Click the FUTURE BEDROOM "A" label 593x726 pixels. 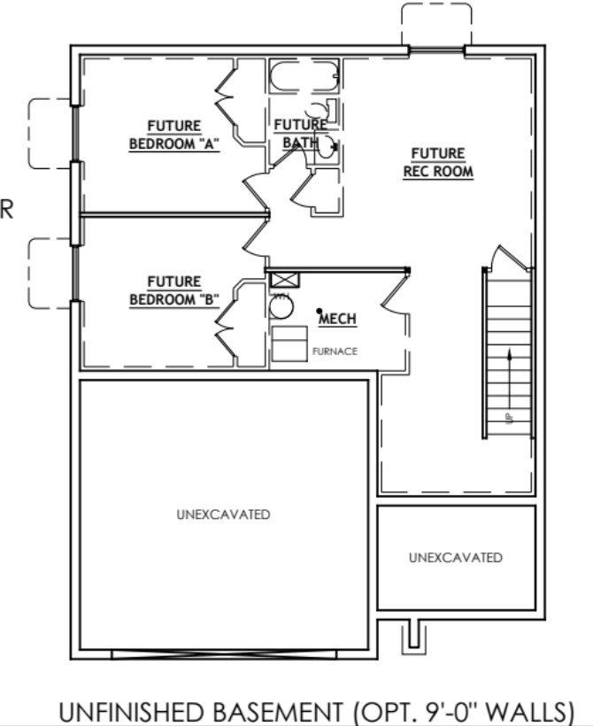[174, 135]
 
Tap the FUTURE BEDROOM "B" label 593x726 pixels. [174, 290]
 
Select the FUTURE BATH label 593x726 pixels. [300, 133]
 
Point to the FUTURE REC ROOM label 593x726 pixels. [438, 163]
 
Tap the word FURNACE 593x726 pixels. [335, 351]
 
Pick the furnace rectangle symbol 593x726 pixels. [289, 344]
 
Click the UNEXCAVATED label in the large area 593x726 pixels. [222, 514]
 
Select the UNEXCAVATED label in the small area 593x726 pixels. [456, 558]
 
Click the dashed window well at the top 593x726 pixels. [435, 25]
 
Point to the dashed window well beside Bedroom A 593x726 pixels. [50, 133]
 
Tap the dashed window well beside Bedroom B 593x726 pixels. [50, 273]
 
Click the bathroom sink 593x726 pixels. [326, 146]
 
